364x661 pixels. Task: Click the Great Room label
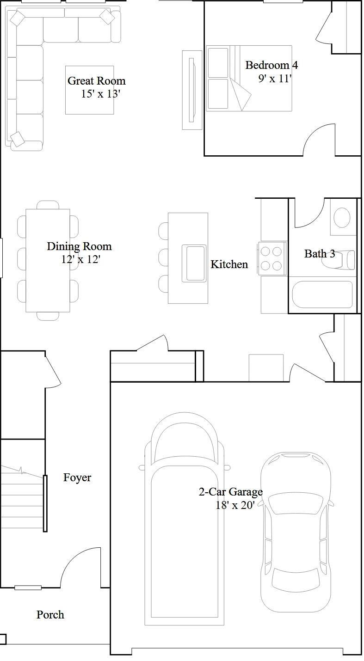[97, 80]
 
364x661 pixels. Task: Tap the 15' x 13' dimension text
[100, 94]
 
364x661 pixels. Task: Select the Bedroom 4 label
[271, 65]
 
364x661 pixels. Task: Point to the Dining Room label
[80, 246]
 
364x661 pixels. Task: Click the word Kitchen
[229, 264]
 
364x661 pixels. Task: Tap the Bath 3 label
[320, 253]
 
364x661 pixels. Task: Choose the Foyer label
[77, 477]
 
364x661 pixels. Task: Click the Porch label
[50, 615]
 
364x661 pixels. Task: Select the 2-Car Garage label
[230, 492]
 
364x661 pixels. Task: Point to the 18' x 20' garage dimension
[235, 505]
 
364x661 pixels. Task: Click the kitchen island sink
[194, 263]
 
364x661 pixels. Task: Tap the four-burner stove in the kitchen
[272, 258]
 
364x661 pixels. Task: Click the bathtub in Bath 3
[322, 295]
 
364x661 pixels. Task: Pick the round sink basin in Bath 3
[342, 217]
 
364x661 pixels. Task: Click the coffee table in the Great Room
[89, 90]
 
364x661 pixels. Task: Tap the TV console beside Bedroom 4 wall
[192, 90]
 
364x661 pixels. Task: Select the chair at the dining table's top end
[48, 205]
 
